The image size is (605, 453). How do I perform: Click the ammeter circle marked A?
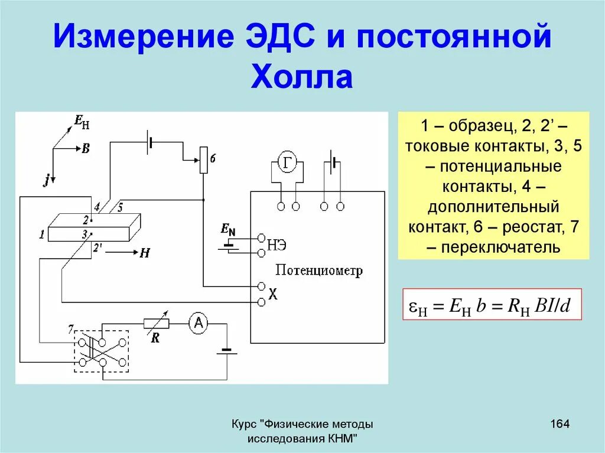(199, 322)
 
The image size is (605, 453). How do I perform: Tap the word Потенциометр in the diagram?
(319, 271)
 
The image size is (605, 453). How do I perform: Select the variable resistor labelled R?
(157, 323)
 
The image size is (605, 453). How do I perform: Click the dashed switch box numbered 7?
(101, 351)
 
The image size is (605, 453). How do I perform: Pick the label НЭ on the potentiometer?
(280, 245)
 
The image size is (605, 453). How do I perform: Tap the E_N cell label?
(228, 228)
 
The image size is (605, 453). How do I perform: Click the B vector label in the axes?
(85, 149)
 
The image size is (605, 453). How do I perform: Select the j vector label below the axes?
(45, 181)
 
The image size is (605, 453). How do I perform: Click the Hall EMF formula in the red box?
(492, 305)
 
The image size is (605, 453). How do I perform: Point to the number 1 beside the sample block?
(42, 235)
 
